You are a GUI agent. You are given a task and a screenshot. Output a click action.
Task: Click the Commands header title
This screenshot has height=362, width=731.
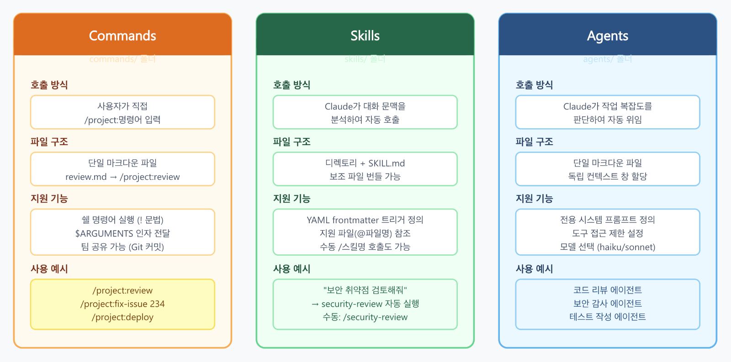(x=122, y=36)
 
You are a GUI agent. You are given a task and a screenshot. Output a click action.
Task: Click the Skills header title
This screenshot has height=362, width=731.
(x=365, y=36)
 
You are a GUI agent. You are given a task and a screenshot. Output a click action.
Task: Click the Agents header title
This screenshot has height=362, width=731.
(x=608, y=36)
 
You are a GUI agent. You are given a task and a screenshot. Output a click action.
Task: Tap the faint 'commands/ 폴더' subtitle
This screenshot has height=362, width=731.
(x=122, y=59)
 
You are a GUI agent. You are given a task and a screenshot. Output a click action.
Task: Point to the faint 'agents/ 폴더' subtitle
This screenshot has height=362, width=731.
(x=608, y=59)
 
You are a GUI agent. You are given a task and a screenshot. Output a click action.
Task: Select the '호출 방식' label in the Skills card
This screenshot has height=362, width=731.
(x=291, y=85)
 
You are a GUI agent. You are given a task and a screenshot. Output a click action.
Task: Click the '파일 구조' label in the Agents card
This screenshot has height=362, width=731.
(x=534, y=142)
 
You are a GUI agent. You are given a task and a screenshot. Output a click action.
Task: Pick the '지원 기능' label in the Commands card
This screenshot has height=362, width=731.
(x=49, y=199)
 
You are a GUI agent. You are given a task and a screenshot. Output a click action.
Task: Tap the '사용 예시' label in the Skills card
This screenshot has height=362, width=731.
(x=291, y=269)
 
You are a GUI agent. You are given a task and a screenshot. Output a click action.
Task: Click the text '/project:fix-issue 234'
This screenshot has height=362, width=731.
(x=122, y=304)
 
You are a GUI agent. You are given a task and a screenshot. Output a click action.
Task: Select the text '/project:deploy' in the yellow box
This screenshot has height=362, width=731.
(x=122, y=317)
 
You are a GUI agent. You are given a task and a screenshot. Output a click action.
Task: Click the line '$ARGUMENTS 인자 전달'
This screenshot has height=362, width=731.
(x=122, y=233)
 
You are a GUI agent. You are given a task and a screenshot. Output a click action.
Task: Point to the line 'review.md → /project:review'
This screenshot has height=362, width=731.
(x=122, y=177)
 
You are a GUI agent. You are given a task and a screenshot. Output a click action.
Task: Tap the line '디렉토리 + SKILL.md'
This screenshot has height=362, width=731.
(x=365, y=163)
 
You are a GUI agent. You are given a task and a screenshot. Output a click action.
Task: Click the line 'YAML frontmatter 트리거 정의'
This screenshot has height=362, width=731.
(x=365, y=220)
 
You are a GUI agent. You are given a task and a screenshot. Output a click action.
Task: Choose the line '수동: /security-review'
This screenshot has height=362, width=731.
(x=365, y=317)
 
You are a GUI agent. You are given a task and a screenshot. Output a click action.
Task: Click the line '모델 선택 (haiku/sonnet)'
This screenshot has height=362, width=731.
(x=608, y=247)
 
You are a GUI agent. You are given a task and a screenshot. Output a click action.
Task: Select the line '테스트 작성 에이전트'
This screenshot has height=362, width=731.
(x=608, y=317)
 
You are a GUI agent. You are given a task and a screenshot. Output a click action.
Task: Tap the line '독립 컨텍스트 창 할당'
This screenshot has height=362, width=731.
(x=608, y=176)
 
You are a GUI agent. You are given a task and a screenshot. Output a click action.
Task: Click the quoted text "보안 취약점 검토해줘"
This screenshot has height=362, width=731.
(x=365, y=290)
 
